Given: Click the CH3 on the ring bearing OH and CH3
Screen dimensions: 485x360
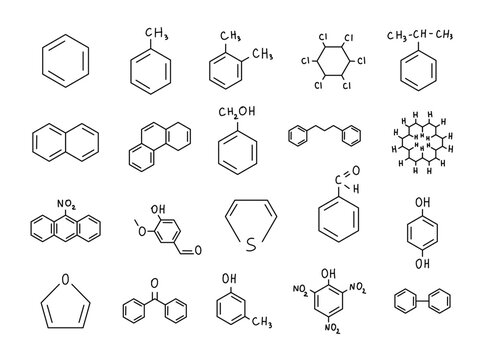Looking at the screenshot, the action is (x=263, y=321).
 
